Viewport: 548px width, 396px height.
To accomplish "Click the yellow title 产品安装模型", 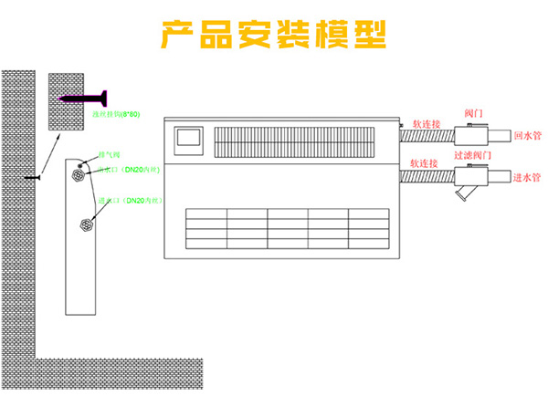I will tap(273, 34).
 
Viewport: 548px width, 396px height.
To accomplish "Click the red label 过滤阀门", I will tap(474, 156).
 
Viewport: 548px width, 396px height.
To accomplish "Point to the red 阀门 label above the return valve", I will tap(474, 112).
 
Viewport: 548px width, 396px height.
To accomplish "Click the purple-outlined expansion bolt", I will tap(83, 96).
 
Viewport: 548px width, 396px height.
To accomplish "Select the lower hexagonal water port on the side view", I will tap(88, 222).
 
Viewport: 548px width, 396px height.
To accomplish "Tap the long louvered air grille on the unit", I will tap(293, 141).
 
